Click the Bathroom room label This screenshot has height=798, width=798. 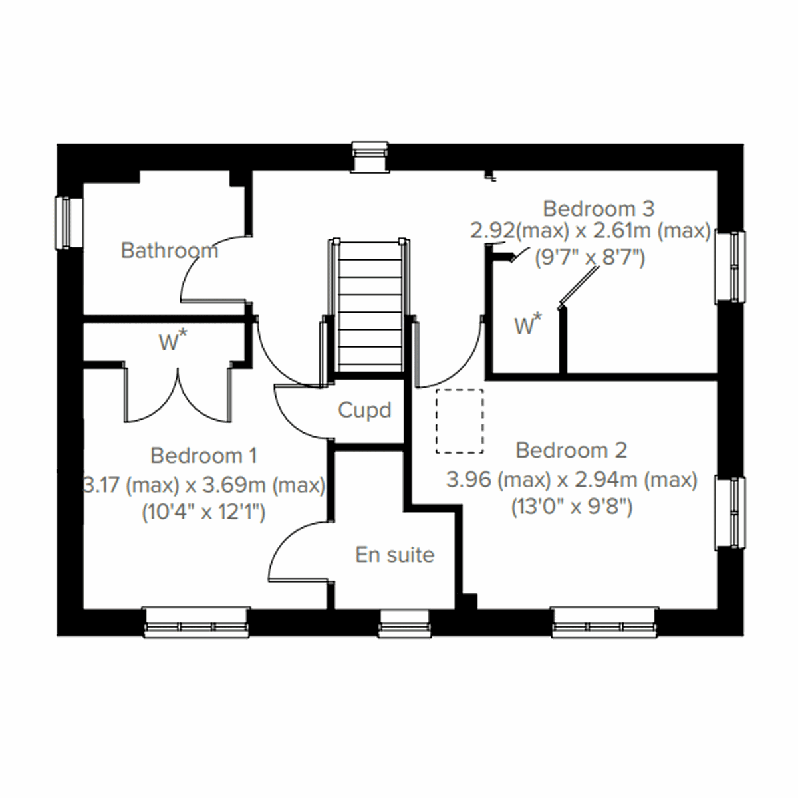[x=169, y=251]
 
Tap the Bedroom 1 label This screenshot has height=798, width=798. [x=203, y=456]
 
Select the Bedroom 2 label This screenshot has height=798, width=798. [x=571, y=450]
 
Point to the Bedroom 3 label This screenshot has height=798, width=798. [x=598, y=208]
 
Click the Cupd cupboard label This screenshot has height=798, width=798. [x=364, y=410]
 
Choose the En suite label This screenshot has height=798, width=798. [x=394, y=555]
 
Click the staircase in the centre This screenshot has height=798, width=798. [x=370, y=306]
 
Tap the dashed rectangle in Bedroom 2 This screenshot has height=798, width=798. [x=460, y=422]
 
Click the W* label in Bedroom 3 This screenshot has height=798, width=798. [x=527, y=325]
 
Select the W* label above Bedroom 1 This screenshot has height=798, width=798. [x=172, y=342]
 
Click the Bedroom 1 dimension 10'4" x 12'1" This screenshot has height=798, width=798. [x=203, y=513]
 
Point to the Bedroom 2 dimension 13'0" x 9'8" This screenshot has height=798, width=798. [x=571, y=507]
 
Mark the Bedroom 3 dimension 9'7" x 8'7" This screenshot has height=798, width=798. [x=590, y=257]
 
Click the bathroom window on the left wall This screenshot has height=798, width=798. [x=68, y=222]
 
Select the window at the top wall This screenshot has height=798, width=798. [x=370, y=156]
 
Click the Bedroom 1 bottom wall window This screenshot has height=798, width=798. [x=197, y=622]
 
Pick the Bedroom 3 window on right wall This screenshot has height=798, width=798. [x=730, y=266]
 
